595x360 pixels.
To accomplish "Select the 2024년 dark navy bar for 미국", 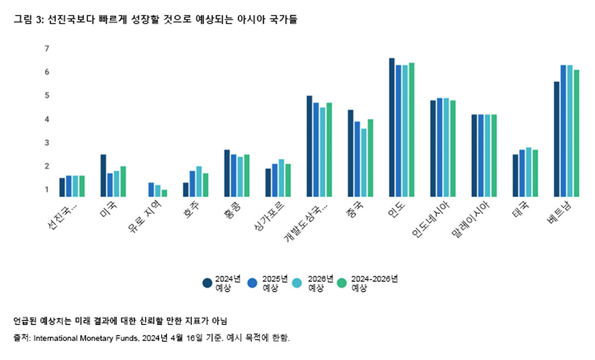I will [x=103, y=176].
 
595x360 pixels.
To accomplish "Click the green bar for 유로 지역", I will [x=165, y=193].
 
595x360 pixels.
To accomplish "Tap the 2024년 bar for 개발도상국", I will [x=309, y=146].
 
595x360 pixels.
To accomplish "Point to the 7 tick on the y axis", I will [x=47, y=49].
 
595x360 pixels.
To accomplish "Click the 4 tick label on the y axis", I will [x=47, y=119].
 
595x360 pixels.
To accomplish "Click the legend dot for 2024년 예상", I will [x=208, y=283].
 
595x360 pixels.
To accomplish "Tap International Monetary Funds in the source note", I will [x=84, y=338].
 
